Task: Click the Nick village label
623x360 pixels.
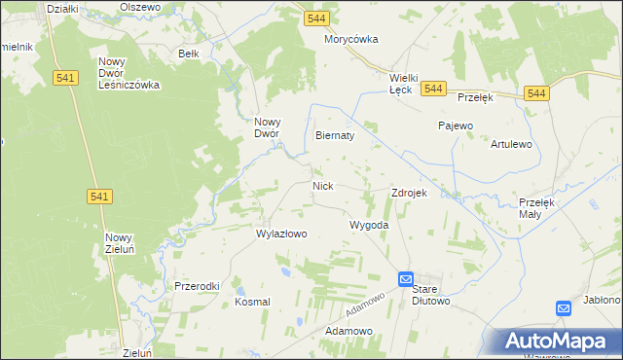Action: (323, 185)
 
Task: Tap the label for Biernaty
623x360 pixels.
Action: (334, 136)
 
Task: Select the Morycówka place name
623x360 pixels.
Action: (350, 40)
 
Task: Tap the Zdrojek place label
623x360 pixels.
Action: (409, 193)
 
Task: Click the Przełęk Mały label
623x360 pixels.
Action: (536, 207)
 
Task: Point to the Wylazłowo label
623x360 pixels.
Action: (281, 234)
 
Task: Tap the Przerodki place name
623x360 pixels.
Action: (197, 286)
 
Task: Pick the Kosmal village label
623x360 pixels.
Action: (252, 302)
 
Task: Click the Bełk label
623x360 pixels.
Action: (189, 54)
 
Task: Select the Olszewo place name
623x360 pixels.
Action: (139, 7)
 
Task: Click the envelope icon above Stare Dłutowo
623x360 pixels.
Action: (406, 279)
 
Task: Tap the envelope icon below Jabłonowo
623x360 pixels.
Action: (564, 308)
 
